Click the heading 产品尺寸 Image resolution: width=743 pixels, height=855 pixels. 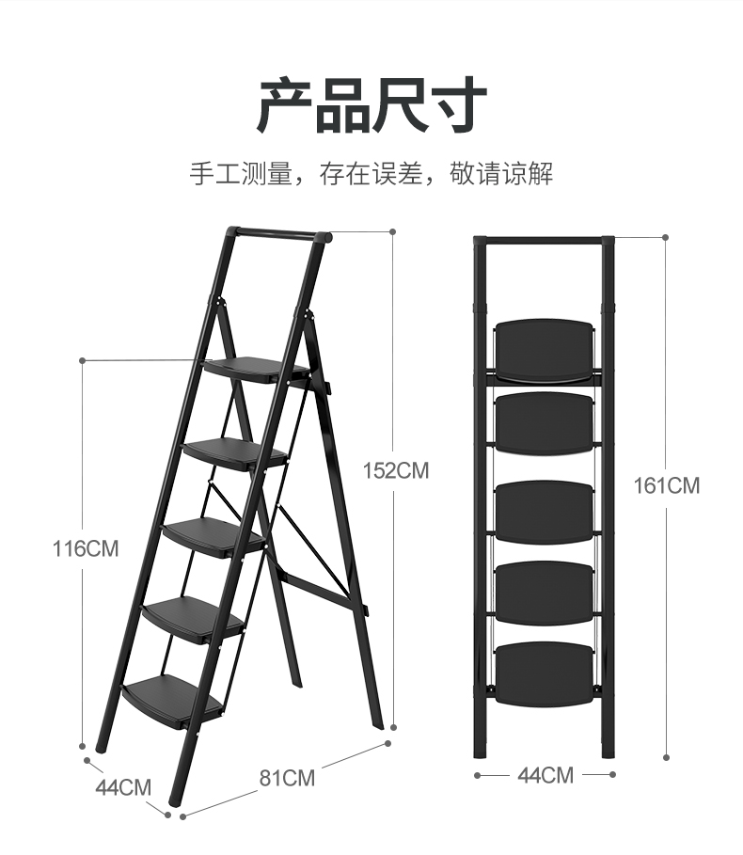pos(371,105)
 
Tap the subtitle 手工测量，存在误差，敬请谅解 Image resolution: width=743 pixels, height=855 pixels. pos(371,174)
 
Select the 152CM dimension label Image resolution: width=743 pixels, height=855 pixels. pos(396,470)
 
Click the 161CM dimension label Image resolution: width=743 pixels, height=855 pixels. pos(667,485)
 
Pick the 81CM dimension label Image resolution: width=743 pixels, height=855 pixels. pos(288,778)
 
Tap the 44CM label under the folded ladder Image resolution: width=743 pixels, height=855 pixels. pos(545,775)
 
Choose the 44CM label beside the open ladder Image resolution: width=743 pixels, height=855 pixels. pos(122,786)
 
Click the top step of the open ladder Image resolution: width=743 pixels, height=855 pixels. pos(254,370)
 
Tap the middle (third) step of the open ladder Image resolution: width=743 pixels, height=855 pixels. pos(214,535)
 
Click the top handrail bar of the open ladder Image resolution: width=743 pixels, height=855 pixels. pos(277,234)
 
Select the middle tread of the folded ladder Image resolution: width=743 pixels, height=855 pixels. pos(545,512)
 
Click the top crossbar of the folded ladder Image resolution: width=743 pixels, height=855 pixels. pos(545,241)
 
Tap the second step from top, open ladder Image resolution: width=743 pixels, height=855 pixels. pos(235,452)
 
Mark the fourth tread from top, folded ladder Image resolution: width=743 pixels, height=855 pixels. pos(545,593)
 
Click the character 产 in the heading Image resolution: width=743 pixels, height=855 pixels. pos(285,105)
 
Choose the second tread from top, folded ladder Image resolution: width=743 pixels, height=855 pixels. pos(545,422)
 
